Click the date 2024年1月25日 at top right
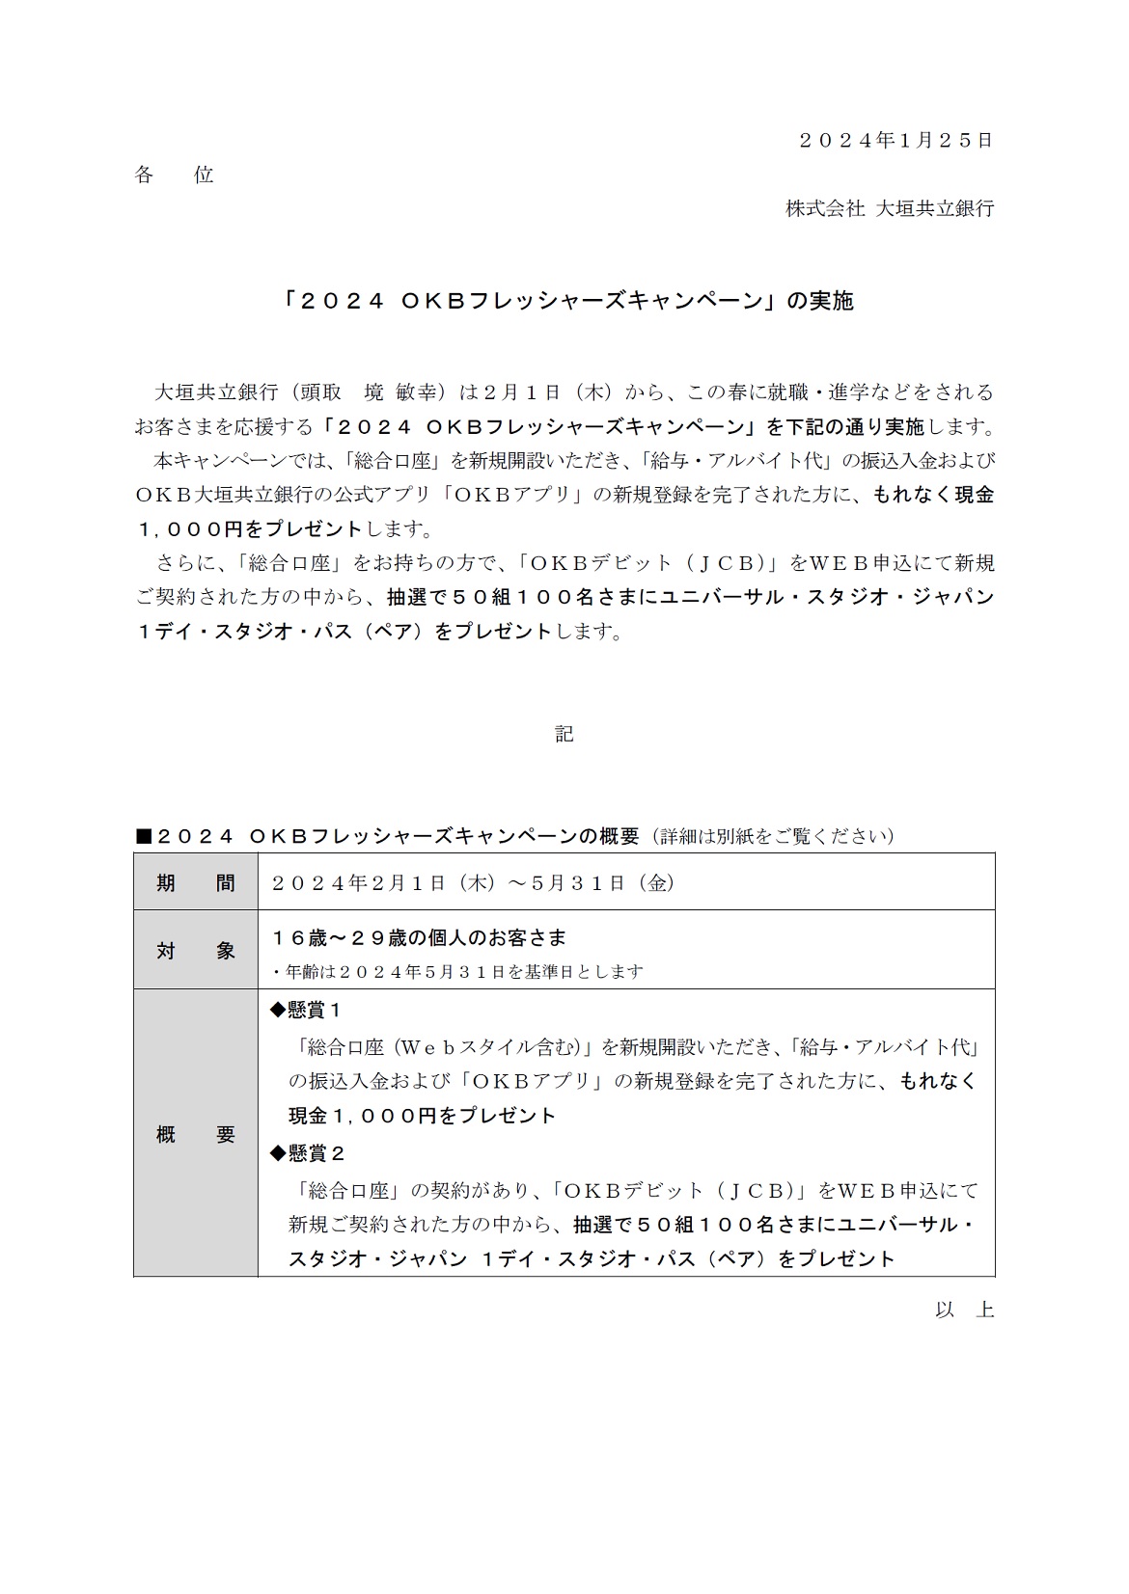coord(895,140)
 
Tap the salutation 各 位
coord(174,175)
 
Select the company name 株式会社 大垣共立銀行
coord(889,208)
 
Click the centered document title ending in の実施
coord(564,301)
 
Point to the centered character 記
coord(564,734)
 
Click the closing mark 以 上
coord(964,1310)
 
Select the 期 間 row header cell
coord(196,882)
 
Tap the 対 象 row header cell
coord(196,950)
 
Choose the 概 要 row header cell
coord(196,1134)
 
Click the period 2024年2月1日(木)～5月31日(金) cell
coord(474,882)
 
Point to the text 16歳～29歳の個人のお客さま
coord(419,937)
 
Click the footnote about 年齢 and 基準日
coord(457,971)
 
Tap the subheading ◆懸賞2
coord(306,1153)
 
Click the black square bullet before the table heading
coord(143,836)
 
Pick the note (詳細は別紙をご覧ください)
coord(772,836)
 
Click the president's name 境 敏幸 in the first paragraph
coord(403,392)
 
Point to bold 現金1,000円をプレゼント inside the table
coord(423,1116)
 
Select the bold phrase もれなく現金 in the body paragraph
coord(933,495)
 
